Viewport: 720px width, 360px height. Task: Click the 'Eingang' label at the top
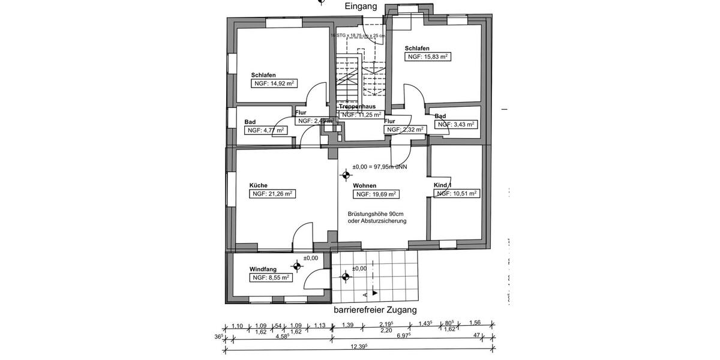point(361,7)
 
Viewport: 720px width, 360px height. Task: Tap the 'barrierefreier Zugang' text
point(374,310)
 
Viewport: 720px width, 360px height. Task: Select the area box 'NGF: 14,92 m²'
point(274,84)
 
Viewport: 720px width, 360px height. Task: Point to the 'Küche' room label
point(259,185)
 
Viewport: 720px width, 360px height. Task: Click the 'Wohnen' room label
point(365,186)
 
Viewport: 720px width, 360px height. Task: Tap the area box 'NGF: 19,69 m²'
point(376,194)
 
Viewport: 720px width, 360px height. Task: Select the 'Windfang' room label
point(263,269)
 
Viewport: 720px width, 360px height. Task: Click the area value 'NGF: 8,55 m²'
point(271,278)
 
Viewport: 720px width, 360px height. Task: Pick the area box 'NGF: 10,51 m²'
point(457,194)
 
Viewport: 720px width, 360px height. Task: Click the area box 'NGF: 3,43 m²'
point(456,125)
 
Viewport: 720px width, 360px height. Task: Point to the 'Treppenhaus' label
point(357,106)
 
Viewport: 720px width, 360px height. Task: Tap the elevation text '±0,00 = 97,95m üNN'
point(380,167)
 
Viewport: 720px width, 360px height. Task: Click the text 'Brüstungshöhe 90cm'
point(376,214)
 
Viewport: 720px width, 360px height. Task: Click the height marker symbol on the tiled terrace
point(345,277)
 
